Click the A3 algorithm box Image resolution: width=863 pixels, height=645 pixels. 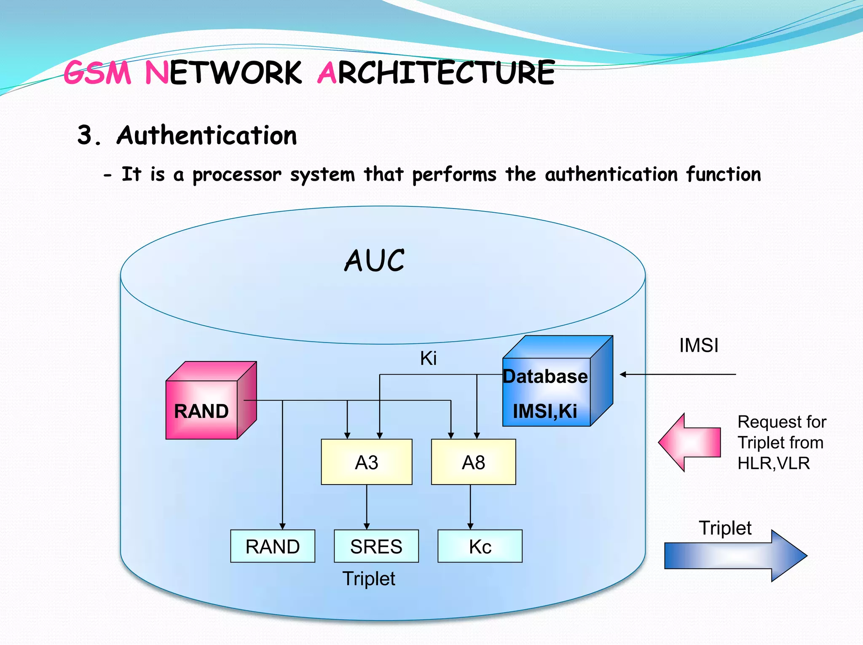[x=366, y=462]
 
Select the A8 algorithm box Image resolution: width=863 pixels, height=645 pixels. [x=473, y=462]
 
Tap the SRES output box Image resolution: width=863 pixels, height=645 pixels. [x=376, y=546]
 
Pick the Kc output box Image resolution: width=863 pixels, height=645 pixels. [x=480, y=546]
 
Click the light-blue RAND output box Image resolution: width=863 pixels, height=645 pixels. [x=273, y=546]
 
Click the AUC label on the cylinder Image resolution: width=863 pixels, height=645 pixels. [x=374, y=261]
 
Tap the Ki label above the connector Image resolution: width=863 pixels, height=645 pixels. [x=428, y=359]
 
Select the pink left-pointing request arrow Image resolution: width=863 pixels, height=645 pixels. [x=689, y=442]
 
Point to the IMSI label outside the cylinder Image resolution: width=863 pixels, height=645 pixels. [x=699, y=345]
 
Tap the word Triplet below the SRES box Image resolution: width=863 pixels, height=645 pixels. [x=369, y=579]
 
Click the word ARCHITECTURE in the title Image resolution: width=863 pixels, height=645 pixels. [x=436, y=73]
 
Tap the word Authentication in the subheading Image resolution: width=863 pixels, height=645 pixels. [x=206, y=136]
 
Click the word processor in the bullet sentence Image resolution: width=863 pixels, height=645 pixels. [x=237, y=175]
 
